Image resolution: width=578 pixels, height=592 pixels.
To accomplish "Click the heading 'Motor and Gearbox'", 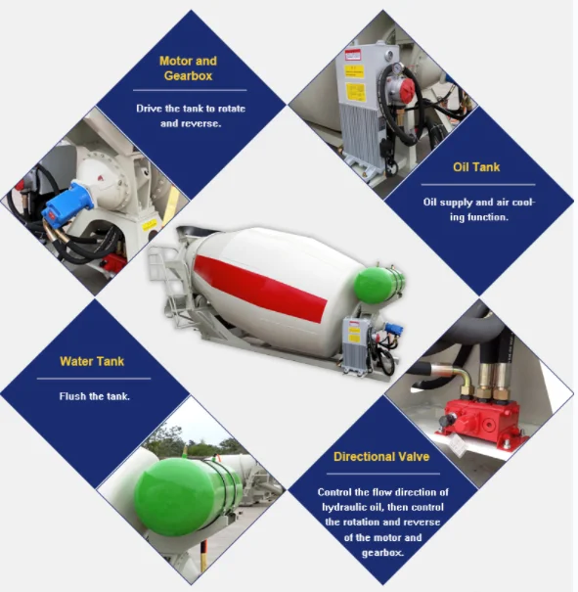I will click(x=188, y=68).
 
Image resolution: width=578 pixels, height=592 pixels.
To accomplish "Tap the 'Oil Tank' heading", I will click(x=476, y=167).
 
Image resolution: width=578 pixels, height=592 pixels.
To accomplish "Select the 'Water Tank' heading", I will click(x=92, y=361).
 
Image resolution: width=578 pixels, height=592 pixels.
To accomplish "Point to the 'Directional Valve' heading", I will click(x=380, y=457).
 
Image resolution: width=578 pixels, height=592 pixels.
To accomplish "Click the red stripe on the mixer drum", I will click(x=259, y=287).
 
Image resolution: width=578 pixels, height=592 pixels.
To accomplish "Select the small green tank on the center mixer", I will click(x=378, y=284).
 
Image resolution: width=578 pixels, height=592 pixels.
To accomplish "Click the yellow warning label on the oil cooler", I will click(x=353, y=70).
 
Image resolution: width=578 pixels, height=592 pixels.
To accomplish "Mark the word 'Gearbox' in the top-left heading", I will click(x=188, y=75).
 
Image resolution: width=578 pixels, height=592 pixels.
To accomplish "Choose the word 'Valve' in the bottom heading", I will click(x=409, y=457).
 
